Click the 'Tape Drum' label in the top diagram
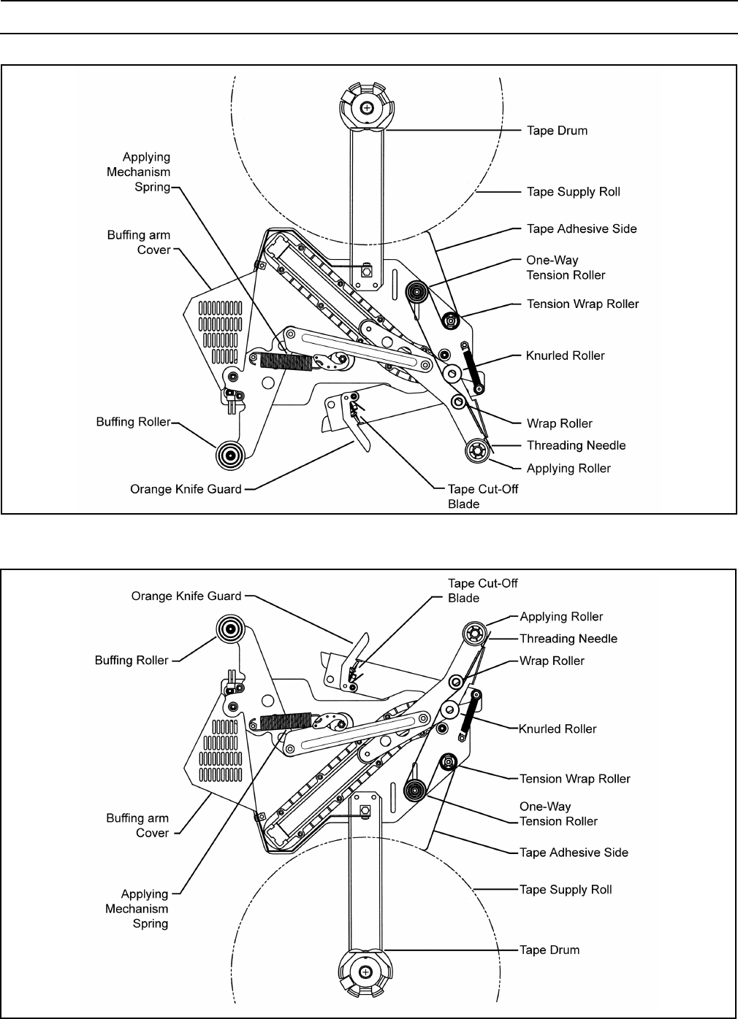pyautogui.click(x=557, y=131)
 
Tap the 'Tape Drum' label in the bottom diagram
pyautogui.click(x=549, y=950)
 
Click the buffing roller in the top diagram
pyautogui.click(x=230, y=455)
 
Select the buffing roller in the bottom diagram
pyautogui.click(x=230, y=628)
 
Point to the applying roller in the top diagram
pyautogui.click(x=476, y=450)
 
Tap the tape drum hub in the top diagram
pyautogui.click(x=367, y=107)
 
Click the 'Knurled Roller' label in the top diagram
pyautogui.click(x=565, y=355)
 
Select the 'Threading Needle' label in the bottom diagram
pyautogui.click(x=568, y=639)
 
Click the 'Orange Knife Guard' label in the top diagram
pyautogui.click(x=186, y=489)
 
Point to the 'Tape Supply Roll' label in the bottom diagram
pyautogui.click(x=566, y=889)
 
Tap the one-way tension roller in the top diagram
pyautogui.click(x=416, y=293)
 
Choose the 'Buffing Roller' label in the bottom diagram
pyautogui.click(x=132, y=660)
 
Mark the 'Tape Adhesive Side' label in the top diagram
pyautogui.click(x=582, y=228)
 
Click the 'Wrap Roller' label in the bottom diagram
pyautogui.click(x=552, y=661)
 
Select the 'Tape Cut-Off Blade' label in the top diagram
pyautogui.click(x=482, y=496)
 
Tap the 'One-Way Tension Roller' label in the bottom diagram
pyautogui.click(x=558, y=814)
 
